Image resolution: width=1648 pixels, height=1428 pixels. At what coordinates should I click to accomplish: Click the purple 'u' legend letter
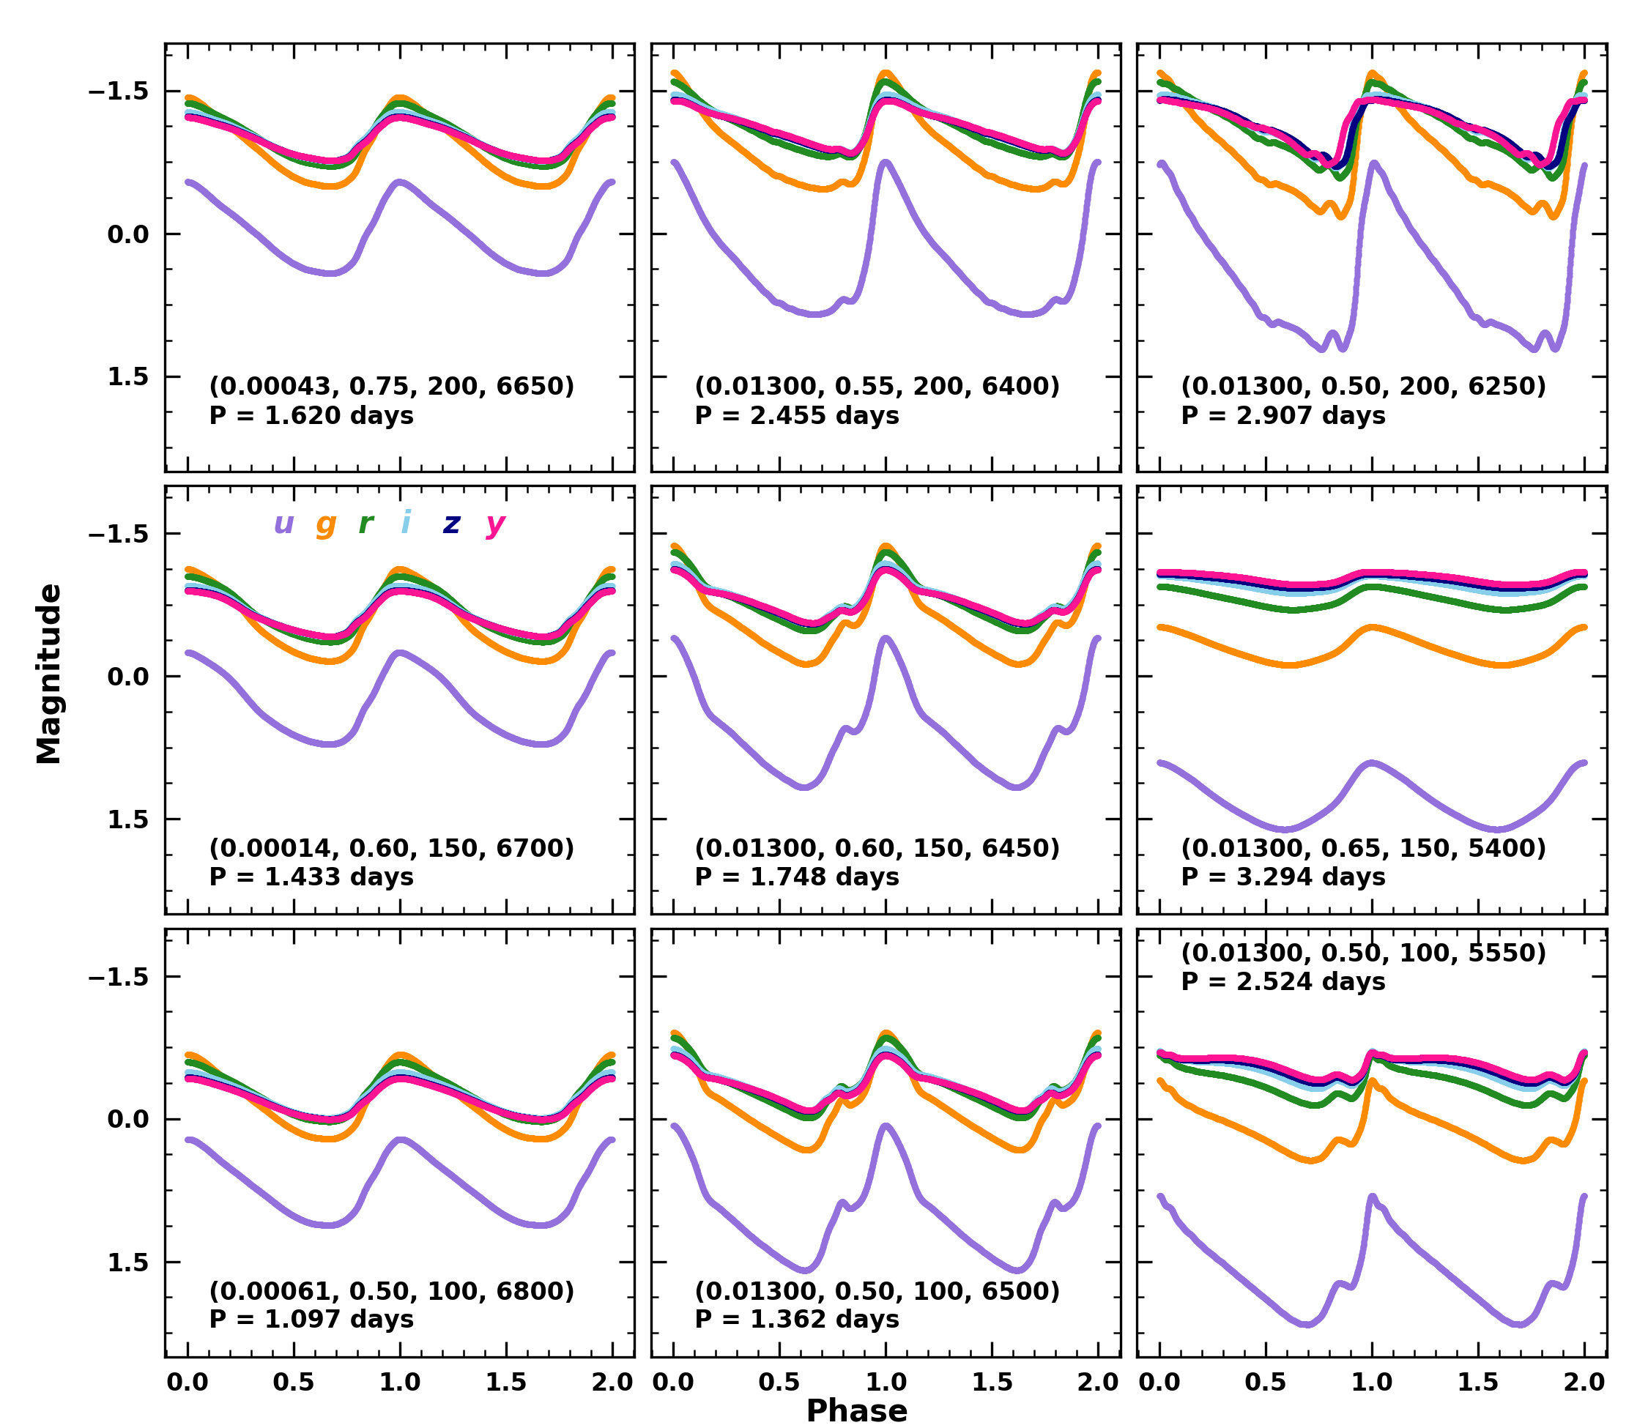point(283,524)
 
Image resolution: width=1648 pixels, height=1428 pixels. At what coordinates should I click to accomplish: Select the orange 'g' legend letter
point(325,524)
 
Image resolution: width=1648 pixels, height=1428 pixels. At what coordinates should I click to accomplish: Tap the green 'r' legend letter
point(365,524)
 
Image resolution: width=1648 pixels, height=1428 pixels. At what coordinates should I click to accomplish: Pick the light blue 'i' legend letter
point(407,523)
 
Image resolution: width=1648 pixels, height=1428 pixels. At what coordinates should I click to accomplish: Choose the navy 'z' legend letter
point(452,524)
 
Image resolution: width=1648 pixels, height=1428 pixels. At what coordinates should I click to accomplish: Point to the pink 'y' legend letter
point(495,524)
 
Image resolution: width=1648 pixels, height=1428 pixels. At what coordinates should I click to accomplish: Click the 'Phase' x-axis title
point(857,1410)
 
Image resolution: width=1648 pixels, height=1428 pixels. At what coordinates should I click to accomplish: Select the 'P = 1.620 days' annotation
point(311,415)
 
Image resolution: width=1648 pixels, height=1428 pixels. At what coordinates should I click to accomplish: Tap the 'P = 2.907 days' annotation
point(1283,415)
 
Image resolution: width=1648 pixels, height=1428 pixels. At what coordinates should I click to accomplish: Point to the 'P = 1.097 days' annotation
point(311,1319)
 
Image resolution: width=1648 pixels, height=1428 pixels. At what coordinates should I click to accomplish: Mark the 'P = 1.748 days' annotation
point(797,877)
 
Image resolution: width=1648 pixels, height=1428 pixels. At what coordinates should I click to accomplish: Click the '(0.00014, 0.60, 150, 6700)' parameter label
point(391,848)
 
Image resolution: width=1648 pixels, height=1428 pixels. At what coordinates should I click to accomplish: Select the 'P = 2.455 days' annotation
point(797,415)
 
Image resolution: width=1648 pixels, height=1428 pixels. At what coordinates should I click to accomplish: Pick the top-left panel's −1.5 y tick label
point(118,91)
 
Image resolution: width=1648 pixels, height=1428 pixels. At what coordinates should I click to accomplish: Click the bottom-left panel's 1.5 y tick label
point(127,1263)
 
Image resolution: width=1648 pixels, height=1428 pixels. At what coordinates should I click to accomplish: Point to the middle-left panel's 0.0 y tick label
point(127,677)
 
